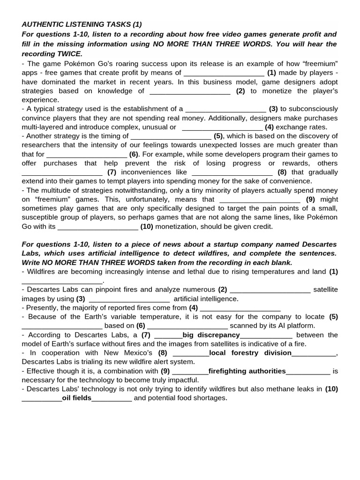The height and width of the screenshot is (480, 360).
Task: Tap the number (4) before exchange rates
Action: pos(269,127)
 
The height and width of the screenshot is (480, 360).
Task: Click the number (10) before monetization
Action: pos(147,226)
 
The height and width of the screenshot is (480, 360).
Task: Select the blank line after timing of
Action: pos(171,136)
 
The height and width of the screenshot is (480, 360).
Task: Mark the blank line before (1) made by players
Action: pos(224,73)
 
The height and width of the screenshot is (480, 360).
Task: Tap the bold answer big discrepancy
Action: pos(211,335)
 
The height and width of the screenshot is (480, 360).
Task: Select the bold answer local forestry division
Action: pos(250,353)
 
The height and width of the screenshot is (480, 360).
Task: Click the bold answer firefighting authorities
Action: pos(247,371)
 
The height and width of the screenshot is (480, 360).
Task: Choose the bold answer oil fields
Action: pos(77,398)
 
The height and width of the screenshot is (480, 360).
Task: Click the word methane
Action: pos(271,389)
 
